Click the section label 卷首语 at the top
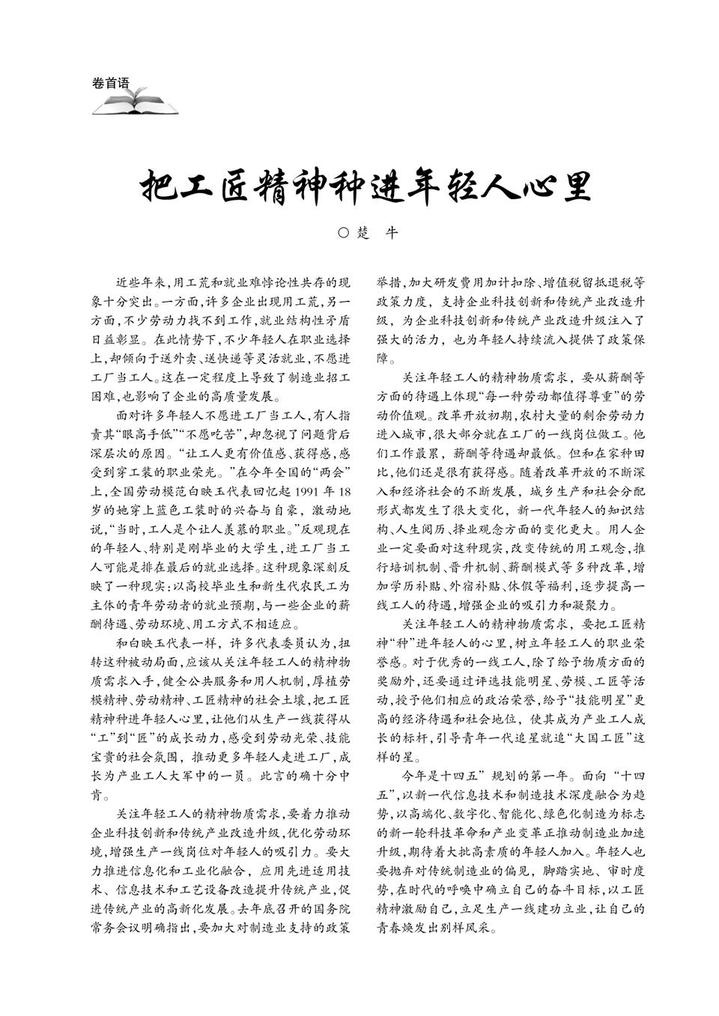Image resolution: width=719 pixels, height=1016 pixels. click(109, 83)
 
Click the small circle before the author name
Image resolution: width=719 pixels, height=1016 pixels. click(344, 233)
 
